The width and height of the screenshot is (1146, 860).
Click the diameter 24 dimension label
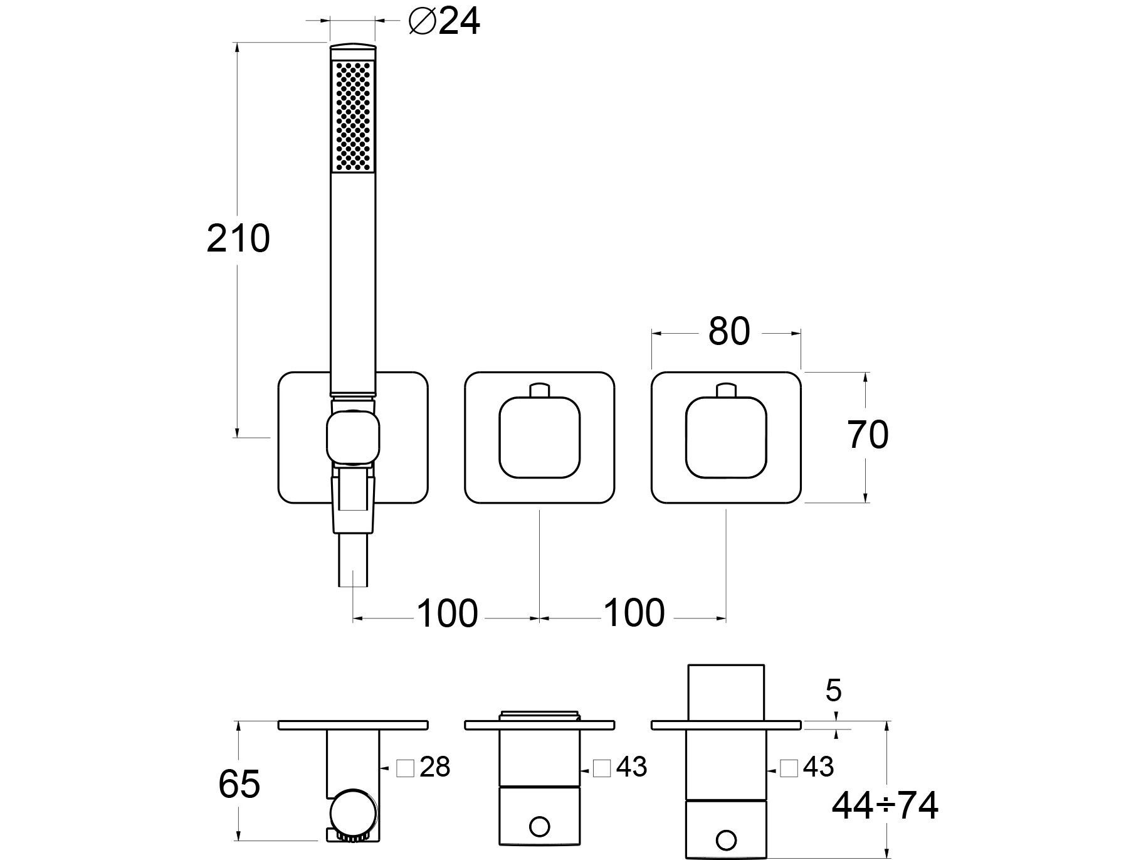tap(444, 22)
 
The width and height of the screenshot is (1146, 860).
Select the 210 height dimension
tap(238, 239)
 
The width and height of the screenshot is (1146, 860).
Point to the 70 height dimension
tap(868, 435)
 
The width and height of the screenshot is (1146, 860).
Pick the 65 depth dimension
tap(239, 784)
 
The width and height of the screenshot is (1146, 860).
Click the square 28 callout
tap(424, 767)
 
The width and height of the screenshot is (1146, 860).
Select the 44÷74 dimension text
tap(885, 805)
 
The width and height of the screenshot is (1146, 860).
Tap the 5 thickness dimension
tap(833, 691)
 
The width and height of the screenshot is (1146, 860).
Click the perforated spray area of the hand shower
tap(353, 116)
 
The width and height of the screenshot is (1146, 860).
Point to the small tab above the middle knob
tap(540, 390)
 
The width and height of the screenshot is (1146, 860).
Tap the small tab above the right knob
tap(727, 390)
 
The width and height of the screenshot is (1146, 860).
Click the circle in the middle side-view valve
tap(540, 825)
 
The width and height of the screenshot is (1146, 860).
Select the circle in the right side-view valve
tap(727, 839)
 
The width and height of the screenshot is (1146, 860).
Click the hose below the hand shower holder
tap(353, 559)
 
